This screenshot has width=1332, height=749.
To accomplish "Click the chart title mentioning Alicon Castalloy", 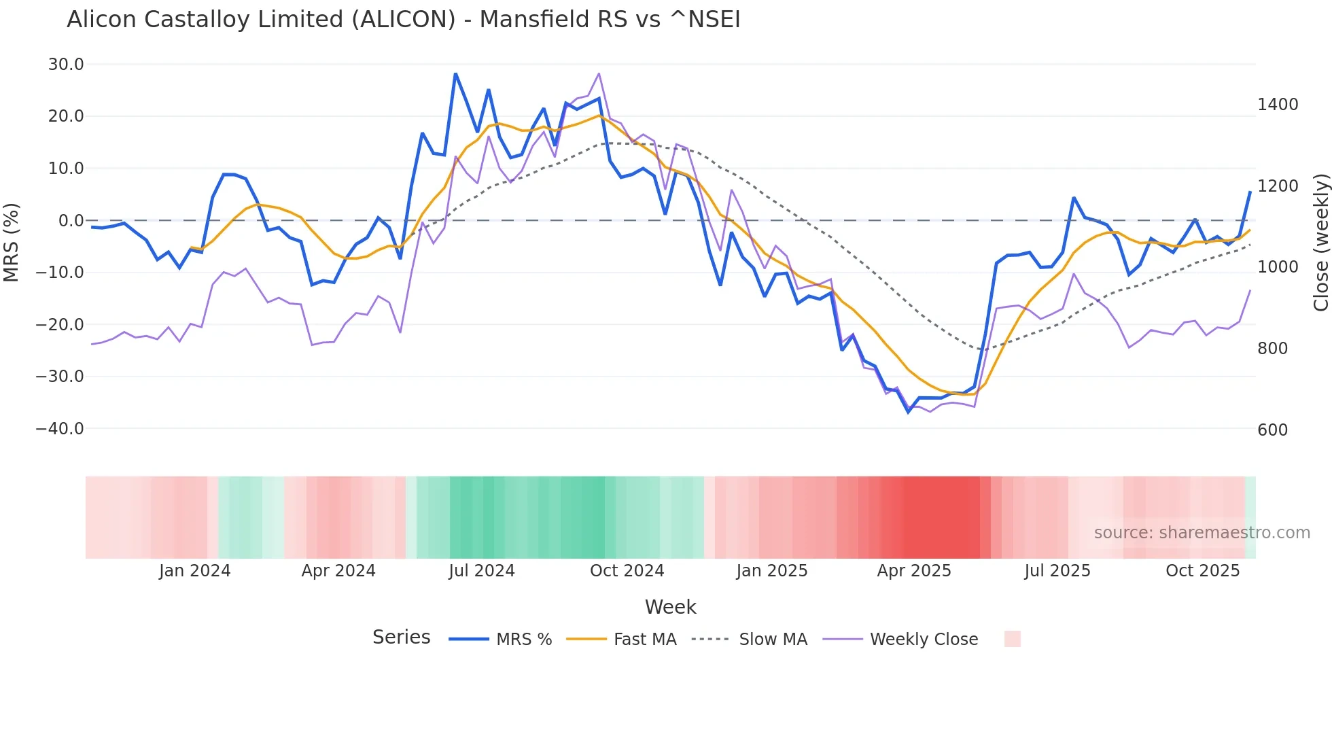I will [403, 20].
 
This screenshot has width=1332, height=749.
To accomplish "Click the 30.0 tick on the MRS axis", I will [66, 65].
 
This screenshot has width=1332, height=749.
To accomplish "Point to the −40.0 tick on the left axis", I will [60, 429].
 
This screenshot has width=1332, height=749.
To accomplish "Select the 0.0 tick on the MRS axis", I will [71, 221].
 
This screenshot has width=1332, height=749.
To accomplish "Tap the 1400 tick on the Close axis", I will [1278, 105].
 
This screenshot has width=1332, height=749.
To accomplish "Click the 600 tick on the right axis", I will [1272, 430].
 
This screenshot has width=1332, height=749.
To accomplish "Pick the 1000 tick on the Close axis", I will [1278, 267].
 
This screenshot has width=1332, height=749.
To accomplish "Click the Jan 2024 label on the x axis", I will [194, 571].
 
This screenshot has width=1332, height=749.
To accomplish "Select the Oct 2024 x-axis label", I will [627, 571].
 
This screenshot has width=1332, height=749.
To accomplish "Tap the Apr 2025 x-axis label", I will [913, 571].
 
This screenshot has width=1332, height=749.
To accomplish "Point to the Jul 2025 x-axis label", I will [1057, 571].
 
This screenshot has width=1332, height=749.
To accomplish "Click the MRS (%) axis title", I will [12, 242].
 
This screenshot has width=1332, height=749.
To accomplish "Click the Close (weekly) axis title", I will [1320, 243].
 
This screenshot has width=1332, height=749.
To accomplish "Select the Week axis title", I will [670, 607].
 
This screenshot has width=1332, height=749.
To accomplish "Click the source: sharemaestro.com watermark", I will [1202, 533].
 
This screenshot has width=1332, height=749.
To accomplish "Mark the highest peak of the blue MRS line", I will [455, 73].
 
